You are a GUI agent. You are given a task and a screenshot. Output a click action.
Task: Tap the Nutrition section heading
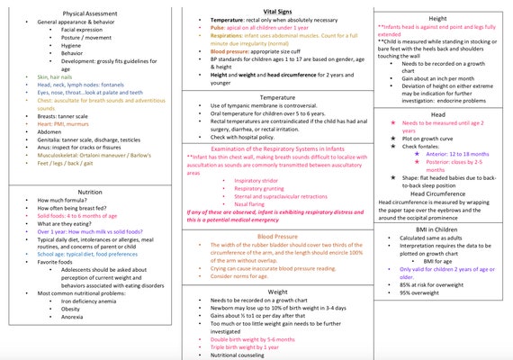tap(90, 192)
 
